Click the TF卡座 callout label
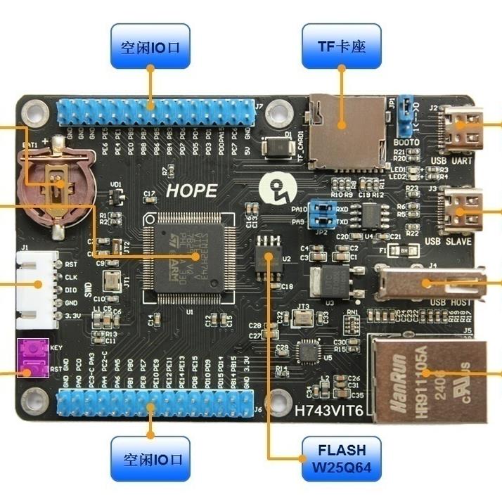342,47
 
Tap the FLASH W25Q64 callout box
342,458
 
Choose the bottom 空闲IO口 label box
150,458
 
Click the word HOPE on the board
191,191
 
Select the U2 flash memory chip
268,258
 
